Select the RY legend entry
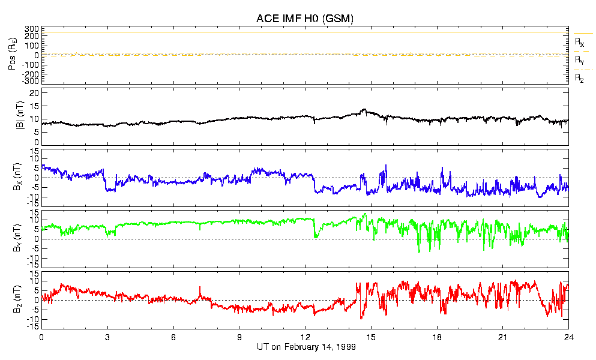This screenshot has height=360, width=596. (579, 60)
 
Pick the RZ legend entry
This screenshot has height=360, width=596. (579, 78)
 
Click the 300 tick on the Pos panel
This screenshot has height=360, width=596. (31, 29)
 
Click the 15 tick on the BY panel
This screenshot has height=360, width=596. (34, 212)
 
